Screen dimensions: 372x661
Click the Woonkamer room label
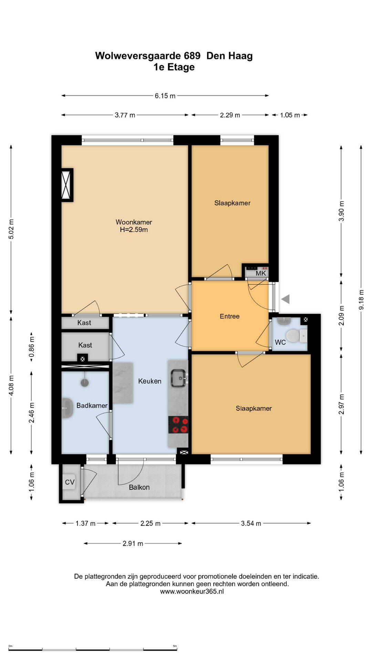point(134,222)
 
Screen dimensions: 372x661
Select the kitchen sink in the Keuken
point(179,378)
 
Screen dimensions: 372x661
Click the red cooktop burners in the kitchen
point(178,425)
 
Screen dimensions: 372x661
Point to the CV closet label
point(70,482)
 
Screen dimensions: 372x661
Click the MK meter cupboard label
point(261,273)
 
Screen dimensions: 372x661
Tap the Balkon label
point(139,487)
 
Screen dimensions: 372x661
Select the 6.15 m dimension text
point(165,96)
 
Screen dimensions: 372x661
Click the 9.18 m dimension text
point(361,300)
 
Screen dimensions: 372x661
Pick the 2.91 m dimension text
point(133,544)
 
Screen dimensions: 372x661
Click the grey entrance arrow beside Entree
point(285,299)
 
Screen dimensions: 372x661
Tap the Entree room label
point(229,316)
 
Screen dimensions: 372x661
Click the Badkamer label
point(92,406)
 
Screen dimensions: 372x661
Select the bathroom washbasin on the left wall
point(67,408)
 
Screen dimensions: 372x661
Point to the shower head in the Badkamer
point(84,382)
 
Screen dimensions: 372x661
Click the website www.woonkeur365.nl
point(192,591)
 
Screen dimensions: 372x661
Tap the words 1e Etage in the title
point(174,67)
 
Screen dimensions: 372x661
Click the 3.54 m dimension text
point(251,524)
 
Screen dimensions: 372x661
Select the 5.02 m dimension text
point(11,229)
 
